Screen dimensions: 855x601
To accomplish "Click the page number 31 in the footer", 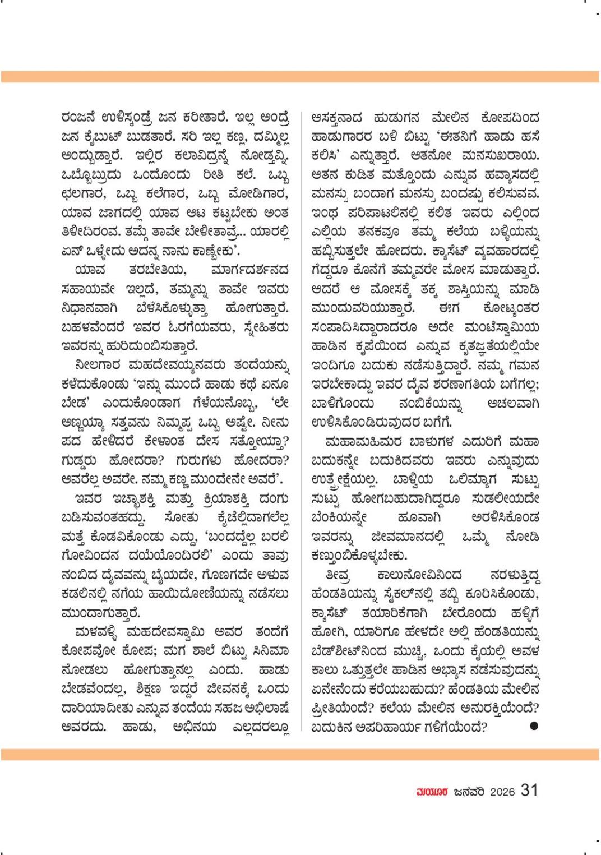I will pos(530,791).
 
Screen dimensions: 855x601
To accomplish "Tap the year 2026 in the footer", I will pos(502,792).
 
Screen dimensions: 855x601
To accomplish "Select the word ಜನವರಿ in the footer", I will pos(468,792).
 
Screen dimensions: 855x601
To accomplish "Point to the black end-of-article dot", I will pos(534,725).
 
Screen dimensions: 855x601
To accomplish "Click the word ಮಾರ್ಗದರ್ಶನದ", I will pos(250,271).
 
